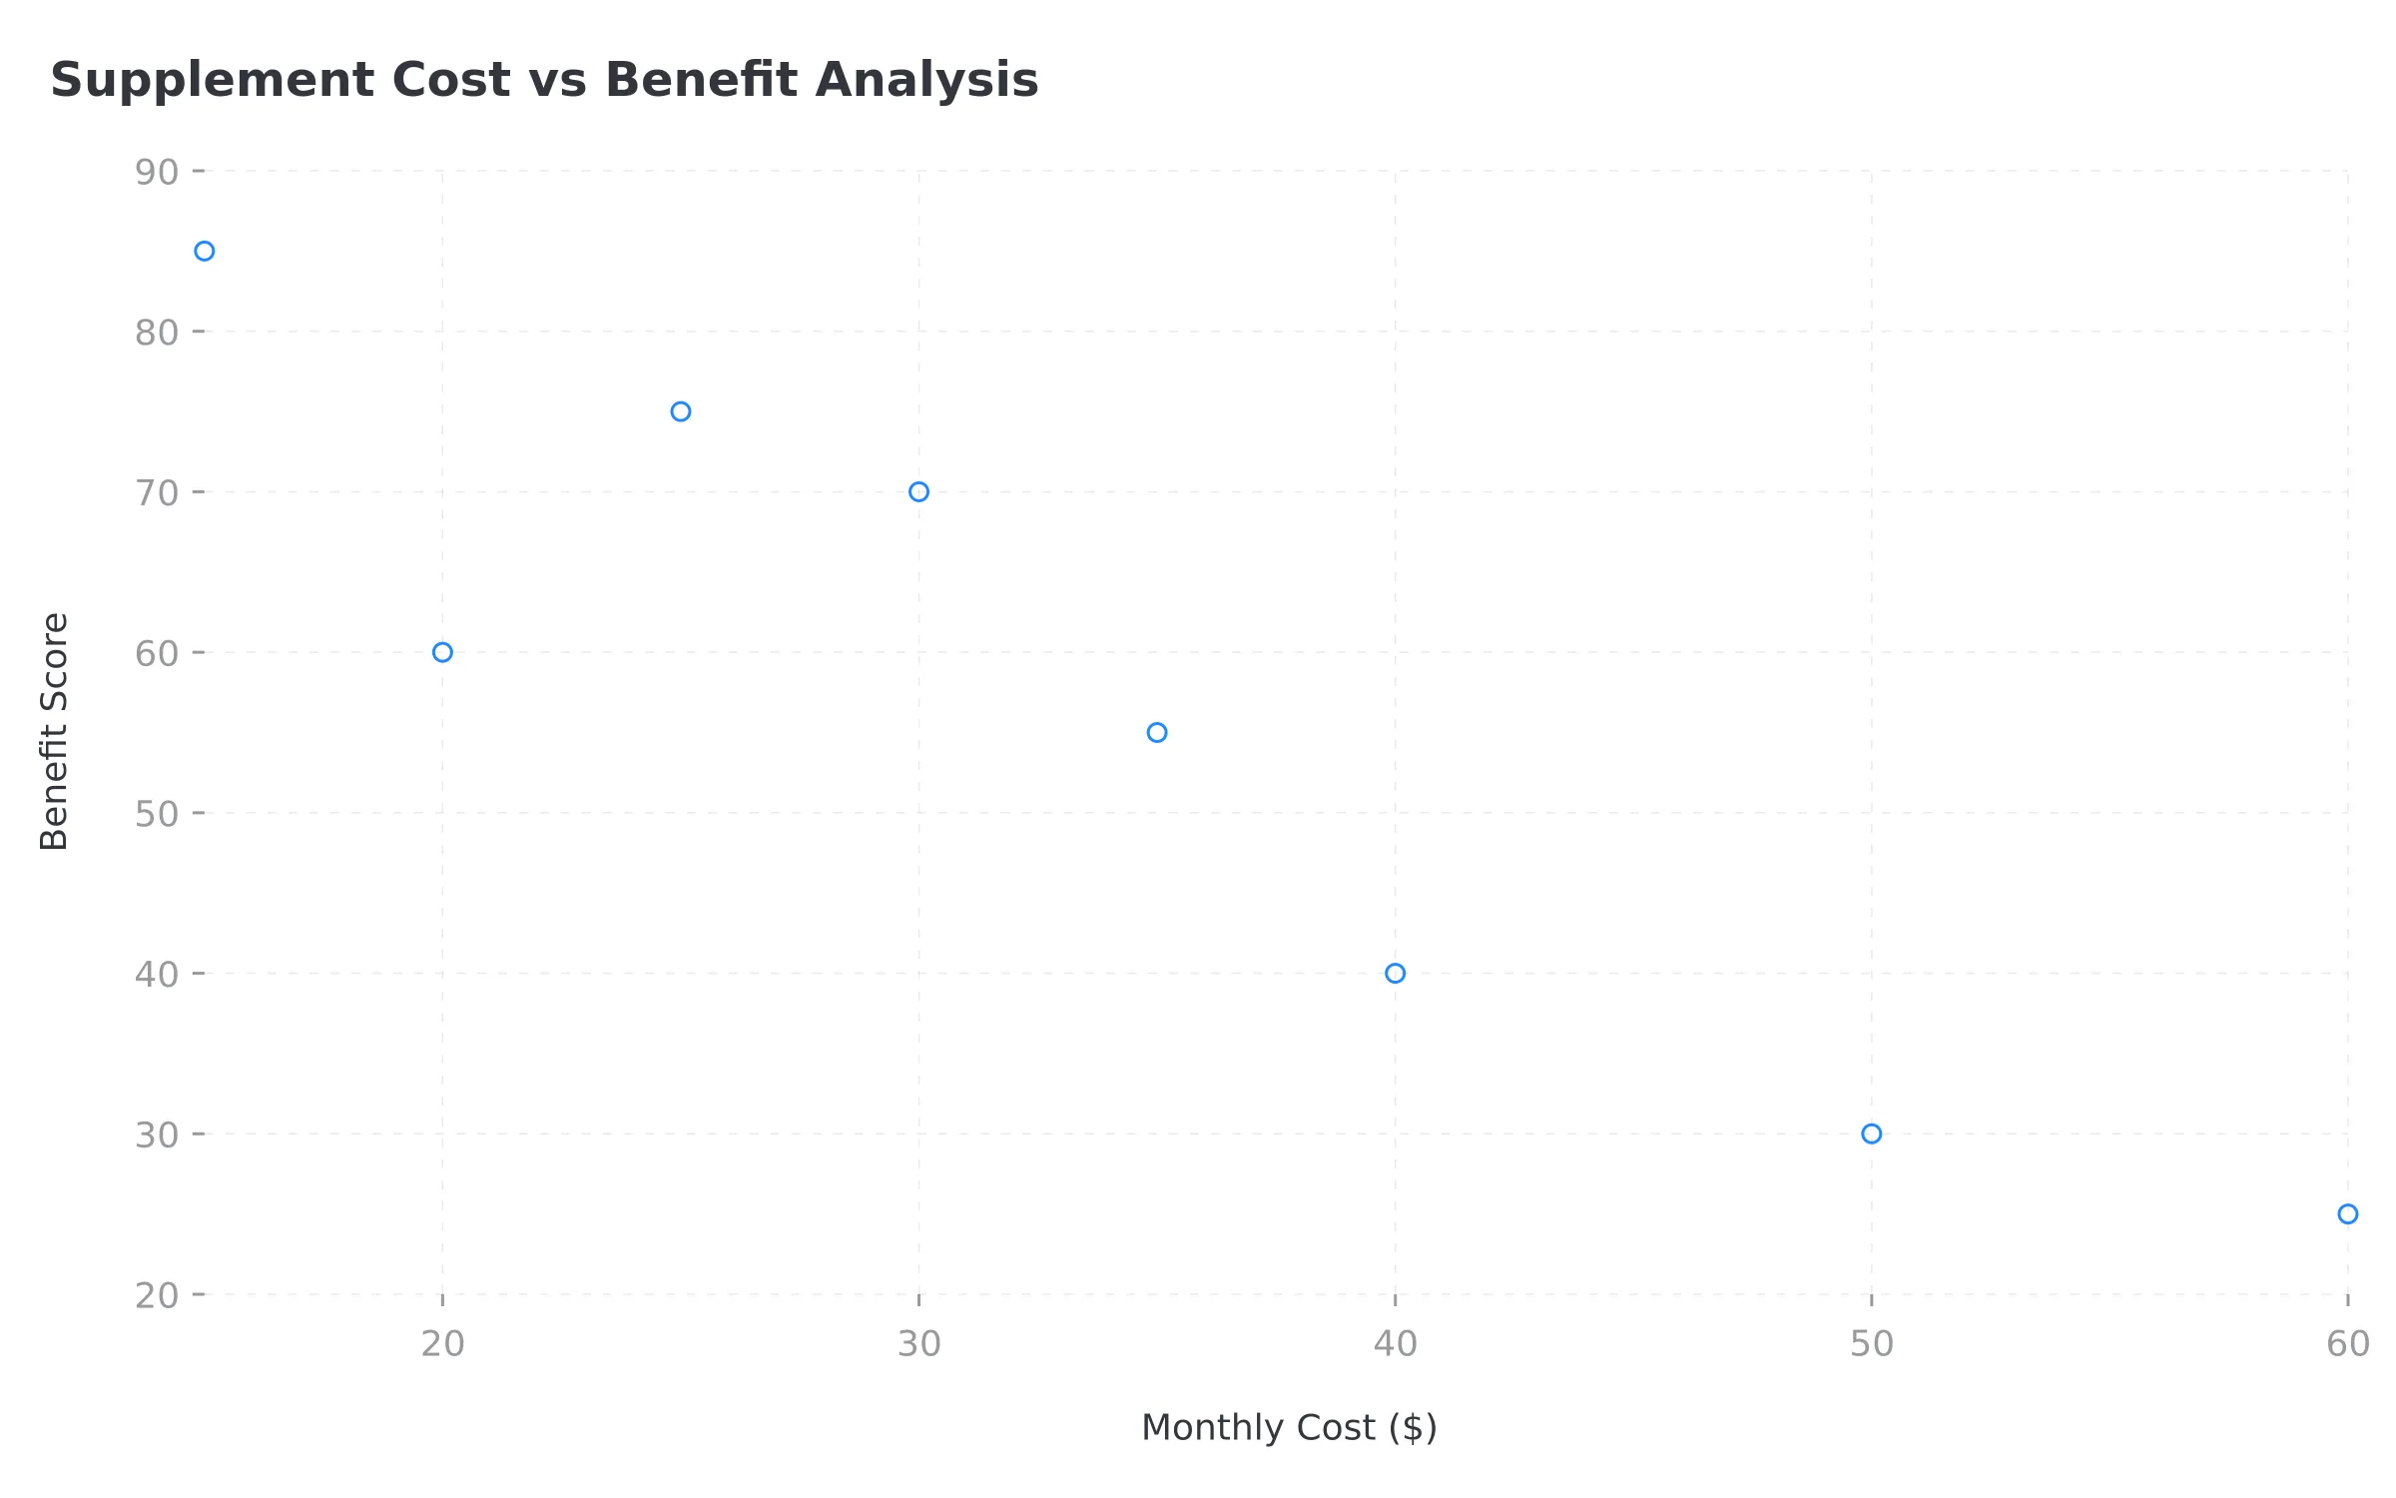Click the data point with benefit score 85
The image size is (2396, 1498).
coord(205,251)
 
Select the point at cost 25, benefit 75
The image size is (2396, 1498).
coord(681,411)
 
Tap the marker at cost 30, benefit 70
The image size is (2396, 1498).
coord(919,491)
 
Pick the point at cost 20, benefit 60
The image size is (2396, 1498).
coord(442,652)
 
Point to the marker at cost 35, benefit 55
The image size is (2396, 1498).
coord(1157,733)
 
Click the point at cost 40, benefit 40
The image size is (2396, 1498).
coord(1396,974)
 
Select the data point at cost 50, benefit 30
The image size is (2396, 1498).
coord(1872,1133)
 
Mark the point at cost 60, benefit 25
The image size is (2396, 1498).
coord(2348,1214)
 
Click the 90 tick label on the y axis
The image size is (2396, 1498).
coord(157,172)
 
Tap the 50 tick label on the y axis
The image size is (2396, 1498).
coord(157,814)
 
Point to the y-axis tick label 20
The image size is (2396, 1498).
coord(157,1295)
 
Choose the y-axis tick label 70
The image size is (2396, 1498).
coord(157,492)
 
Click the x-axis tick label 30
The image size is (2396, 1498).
coord(919,1344)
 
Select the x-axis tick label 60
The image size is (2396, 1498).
coord(2348,1344)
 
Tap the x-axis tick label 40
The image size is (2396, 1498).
coord(1396,1344)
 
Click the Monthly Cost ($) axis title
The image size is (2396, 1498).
coord(1289,1427)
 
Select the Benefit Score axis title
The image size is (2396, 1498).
coord(54,731)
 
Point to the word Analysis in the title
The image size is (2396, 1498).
coord(926,80)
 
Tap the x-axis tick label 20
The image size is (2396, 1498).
coord(442,1344)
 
